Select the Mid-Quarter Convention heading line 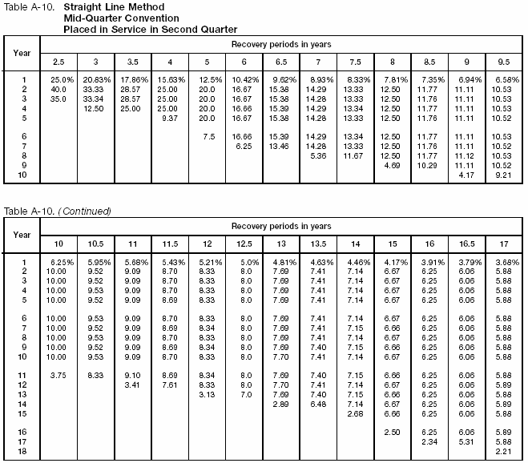[113, 18]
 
